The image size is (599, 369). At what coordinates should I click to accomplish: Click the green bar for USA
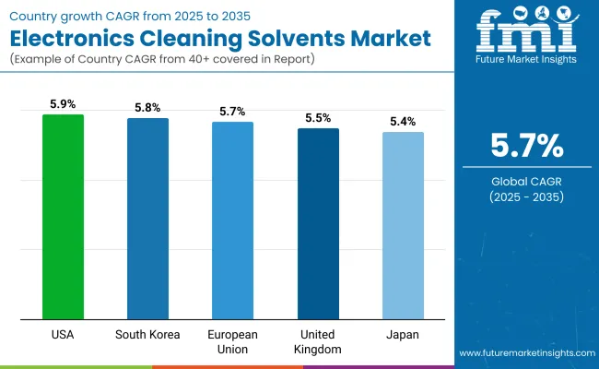tap(63, 217)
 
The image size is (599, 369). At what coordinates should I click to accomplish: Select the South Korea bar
tap(147, 219)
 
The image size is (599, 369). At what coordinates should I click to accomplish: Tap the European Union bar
tap(233, 220)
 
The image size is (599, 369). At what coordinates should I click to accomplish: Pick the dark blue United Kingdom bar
tap(318, 224)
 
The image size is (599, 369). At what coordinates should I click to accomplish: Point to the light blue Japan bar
tap(404, 226)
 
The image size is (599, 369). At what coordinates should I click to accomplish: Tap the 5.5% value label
tap(318, 119)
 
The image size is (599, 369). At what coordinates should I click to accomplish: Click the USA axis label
tap(63, 334)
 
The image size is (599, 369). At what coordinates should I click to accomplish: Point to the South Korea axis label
tap(147, 334)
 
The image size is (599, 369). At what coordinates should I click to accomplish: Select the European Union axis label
tap(233, 341)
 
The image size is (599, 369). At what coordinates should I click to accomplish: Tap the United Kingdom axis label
tap(318, 341)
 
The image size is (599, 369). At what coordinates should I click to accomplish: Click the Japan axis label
tap(404, 334)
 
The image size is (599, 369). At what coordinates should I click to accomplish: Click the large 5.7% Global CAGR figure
tap(526, 146)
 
